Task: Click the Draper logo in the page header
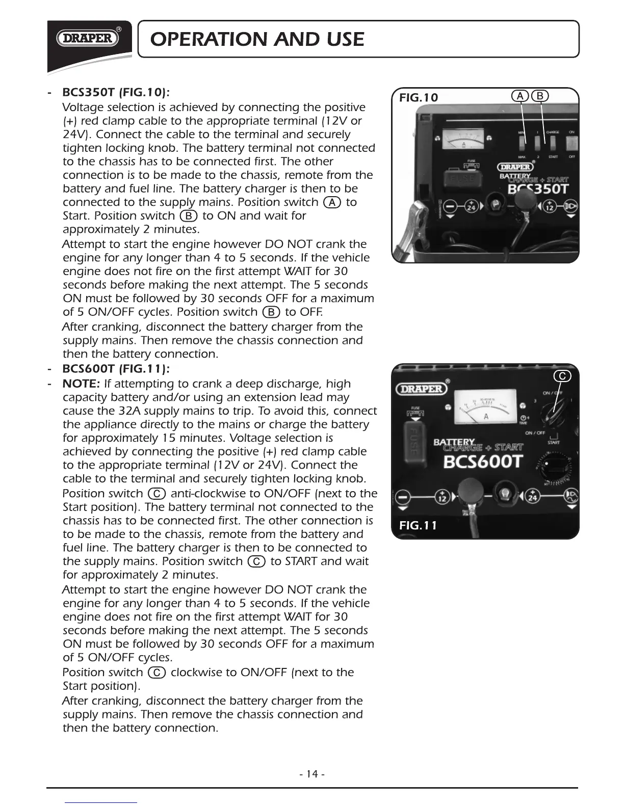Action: [88, 38]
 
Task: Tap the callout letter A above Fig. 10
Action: [520, 96]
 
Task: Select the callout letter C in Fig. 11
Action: [562, 376]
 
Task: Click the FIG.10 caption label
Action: [418, 97]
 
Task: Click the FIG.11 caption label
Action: [418, 525]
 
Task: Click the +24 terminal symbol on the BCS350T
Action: [472, 206]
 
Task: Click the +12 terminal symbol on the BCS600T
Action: [442, 497]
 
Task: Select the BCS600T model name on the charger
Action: [483, 462]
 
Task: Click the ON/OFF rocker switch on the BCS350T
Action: [571, 144]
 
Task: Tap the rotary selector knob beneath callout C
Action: [553, 411]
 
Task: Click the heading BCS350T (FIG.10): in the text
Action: [116, 93]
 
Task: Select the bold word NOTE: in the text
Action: [81, 384]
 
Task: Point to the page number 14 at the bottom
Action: [312, 774]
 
